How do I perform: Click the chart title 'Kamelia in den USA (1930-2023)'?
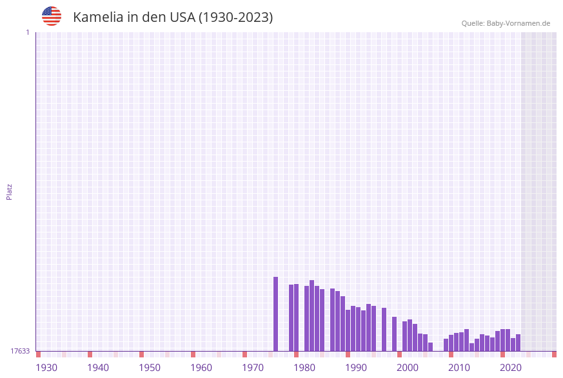tap(173, 17)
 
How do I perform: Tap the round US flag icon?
tap(52, 16)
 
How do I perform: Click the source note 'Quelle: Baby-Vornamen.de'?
tap(506, 23)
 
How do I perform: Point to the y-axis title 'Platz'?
tap(10, 191)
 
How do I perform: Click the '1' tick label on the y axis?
tap(27, 32)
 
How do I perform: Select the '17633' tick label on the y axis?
tap(20, 351)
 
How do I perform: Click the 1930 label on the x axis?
tap(46, 368)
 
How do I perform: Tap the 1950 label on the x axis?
tap(150, 368)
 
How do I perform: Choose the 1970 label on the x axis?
tap(253, 368)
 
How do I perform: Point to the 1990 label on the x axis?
tap(356, 368)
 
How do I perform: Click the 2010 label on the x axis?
tap(459, 368)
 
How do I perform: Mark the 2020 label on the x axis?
tap(511, 368)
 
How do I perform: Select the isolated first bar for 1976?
tap(276, 314)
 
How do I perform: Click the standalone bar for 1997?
tap(384, 329)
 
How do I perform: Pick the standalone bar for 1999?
tap(395, 334)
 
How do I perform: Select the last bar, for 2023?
tap(519, 343)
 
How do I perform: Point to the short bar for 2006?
tap(431, 346)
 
